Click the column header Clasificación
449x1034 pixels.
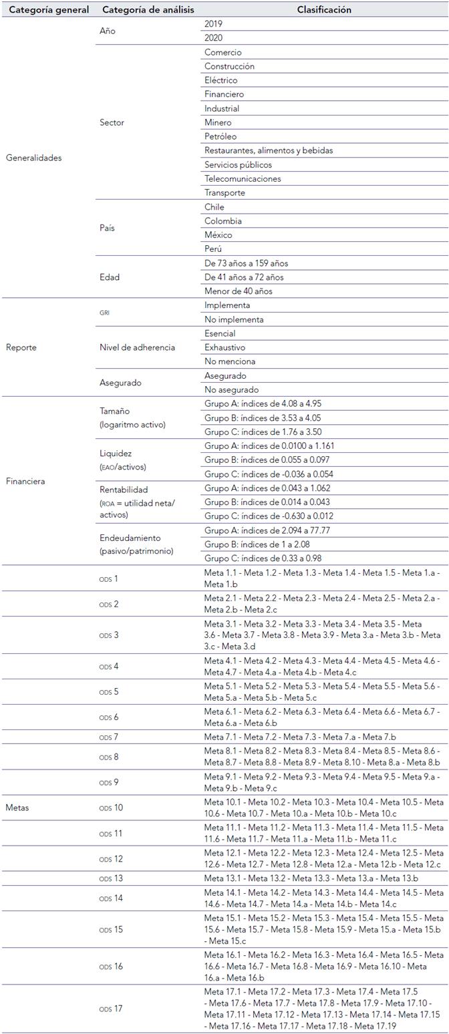[x=324, y=10]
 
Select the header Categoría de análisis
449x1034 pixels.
[x=148, y=10]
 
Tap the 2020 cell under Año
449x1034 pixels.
[x=214, y=38]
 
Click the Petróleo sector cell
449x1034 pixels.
[x=220, y=136]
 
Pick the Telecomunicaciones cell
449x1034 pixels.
[x=243, y=178]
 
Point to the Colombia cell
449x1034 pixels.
[x=223, y=221]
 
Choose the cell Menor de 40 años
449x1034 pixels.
[x=239, y=291]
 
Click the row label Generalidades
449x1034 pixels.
[x=33, y=158]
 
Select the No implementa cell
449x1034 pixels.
[x=234, y=319]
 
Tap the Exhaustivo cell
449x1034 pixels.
[x=224, y=347]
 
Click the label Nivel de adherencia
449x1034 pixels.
[x=137, y=347]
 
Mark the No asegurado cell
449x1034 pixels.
[x=232, y=389]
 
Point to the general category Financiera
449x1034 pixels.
[x=25, y=481]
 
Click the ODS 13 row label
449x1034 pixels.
[x=111, y=878]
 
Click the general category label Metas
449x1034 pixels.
[x=17, y=807]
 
